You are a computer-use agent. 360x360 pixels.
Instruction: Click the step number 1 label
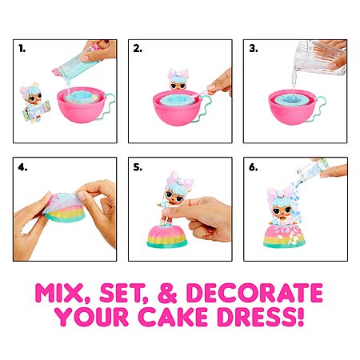click(x=22, y=49)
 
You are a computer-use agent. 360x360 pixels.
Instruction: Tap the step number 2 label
click(x=138, y=49)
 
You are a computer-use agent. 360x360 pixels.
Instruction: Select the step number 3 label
click(x=254, y=49)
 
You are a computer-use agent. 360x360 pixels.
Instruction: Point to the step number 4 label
click(x=22, y=167)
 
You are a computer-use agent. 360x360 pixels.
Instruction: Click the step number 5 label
click(x=138, y=167)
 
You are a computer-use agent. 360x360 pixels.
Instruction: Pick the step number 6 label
click(x=254, y=167)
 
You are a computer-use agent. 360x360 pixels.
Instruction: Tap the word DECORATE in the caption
click(x=254, y=293)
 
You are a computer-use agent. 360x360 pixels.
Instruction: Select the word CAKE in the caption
click(x=173, y=317)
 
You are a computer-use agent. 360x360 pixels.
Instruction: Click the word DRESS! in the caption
click(x=261, y=317)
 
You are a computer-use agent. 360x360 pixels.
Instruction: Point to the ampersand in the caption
click(x=167, y=293)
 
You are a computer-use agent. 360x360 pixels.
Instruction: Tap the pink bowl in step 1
click(x=82, y=105)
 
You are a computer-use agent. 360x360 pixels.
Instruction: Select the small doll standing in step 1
click(x=34, y=102)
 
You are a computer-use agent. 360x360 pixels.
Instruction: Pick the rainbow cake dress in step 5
click(x=167, y=236)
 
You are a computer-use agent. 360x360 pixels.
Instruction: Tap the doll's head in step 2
click(x=178, y=79)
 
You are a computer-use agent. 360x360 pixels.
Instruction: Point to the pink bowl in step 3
click(x=293, y=106)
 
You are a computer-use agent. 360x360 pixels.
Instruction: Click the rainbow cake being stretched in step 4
click(x=65, y=207)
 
